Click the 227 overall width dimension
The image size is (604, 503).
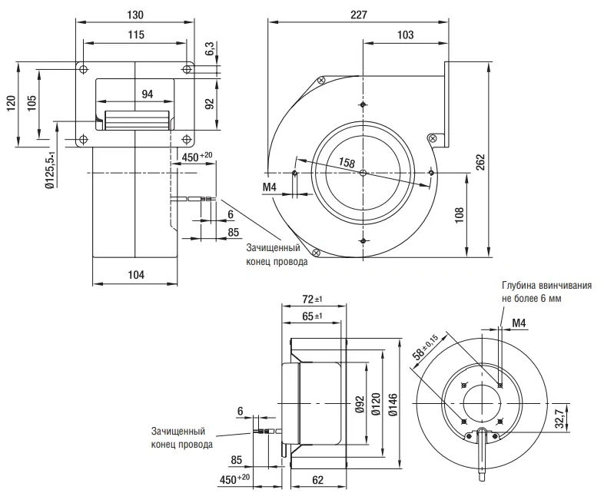(x=359, y=15)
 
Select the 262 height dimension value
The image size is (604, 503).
(x=480, y=162)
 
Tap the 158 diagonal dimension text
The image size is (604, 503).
(x=347, y=162)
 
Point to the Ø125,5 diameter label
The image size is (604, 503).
(x=50, y=170)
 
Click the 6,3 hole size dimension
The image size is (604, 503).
(x=210, y=49)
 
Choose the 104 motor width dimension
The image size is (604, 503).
(x=136, y=275)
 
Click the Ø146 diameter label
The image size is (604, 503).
(x=393, y=404)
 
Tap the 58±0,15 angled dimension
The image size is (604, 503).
(x=426, y=347)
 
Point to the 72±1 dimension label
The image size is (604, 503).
(x=313, y=299)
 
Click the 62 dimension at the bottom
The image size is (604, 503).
(x=318, y=480)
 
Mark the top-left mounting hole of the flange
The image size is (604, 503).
(x=84, y=69)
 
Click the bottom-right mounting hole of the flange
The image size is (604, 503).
(x=187, y=139)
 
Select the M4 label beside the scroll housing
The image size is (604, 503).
(x=270, y=187)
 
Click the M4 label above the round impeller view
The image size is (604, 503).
(x=519, y=323)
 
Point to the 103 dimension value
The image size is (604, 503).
(x=405, y=35)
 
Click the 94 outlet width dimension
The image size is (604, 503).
(x=147, y=94)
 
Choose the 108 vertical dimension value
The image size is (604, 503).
(x=460, y=216)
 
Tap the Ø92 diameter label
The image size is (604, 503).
(x=360, y=404)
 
